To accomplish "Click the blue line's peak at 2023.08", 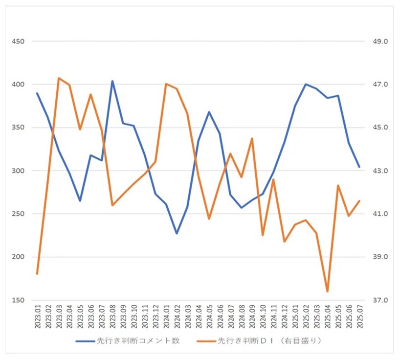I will pos(112,81).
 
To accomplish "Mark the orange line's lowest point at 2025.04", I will pos(327,292).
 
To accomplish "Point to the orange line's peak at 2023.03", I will pos(59,78).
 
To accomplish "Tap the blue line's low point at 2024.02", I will pos(177,233).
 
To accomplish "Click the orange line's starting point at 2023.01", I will pos(37,274).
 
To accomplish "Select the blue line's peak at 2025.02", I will pos(306,84).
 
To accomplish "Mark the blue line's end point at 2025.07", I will pos(359,167).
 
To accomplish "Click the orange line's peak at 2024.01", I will pos(166,84).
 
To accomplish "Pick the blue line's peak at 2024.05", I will pos(209,112).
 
